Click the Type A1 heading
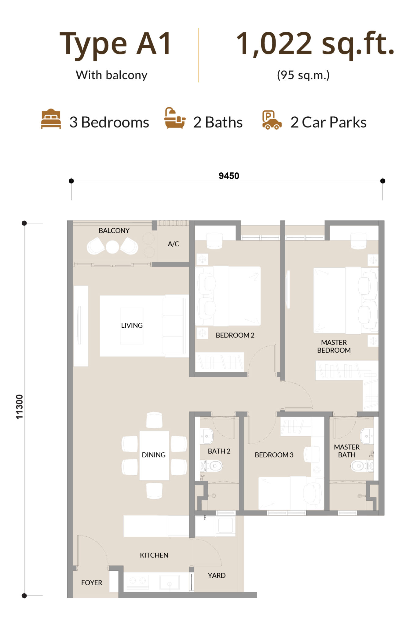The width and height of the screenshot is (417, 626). pyautogui.click(x=115, y=44)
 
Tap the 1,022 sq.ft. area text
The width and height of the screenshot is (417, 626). pyautogui.click(x=315, y=44)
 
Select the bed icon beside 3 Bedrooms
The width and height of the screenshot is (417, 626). pyautogui.click(x=51, y=119)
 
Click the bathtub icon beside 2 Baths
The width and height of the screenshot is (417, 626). pyautogui.click(x=175, y=118)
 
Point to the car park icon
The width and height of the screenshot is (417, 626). pyautogui.click(x=272, y=120)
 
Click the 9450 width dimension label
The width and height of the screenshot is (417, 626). pyautogui.click(x=229, y=176)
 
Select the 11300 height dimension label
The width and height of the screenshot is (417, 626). pyautogui.click(x=19, y=407)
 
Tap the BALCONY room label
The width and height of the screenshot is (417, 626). pyautogui.click(x=114, y=230)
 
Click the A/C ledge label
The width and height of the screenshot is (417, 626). pyautogui.click(x=173, y=244)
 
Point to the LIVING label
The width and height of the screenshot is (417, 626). pyautogui.click(x=132, y=325)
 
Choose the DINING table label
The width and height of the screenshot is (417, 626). pyautogui.click(x=154, y=455)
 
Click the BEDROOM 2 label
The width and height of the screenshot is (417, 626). pyautogui.click(x=235, y=335)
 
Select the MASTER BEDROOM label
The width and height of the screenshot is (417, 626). pyautogui.click(x=334, y=346)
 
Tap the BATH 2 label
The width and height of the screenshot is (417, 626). pyautogui.click(x=219, y=451)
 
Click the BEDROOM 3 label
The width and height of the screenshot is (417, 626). pyautogui.click(x=274, y=455)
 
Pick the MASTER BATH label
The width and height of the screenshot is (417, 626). pyautogui.click(x=347, y=451)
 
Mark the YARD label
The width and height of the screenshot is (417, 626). pyautogui.click(x=217, y=576)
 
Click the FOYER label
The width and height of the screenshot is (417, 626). pyautogui.click(x=92, y=583)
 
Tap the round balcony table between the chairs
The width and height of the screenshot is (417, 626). pyautogui.click(x=112, y=247)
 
